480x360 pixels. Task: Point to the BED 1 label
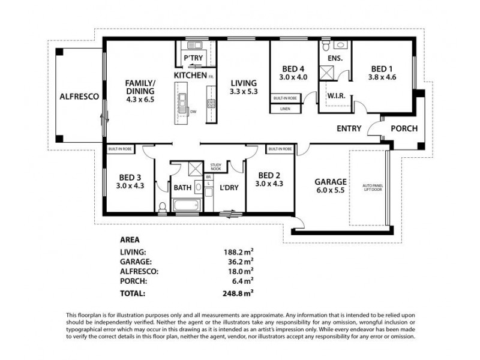382,68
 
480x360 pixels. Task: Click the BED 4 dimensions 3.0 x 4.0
293,77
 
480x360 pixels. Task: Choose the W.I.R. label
335,96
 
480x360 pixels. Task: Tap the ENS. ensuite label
335,58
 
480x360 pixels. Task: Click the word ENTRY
349,128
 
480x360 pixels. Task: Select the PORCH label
404,128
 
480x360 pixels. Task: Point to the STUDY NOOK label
215,167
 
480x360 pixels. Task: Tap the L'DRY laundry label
229,187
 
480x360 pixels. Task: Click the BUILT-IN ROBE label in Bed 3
120,148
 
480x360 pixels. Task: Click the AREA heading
130,238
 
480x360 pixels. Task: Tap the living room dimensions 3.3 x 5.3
243,92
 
